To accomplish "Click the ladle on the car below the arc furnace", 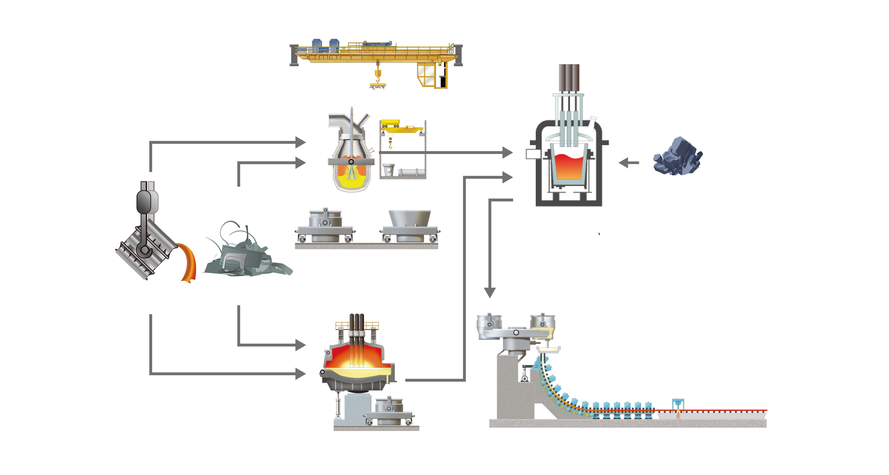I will (x=389, y=406).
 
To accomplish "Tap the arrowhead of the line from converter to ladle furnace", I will (x=507, y=152).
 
